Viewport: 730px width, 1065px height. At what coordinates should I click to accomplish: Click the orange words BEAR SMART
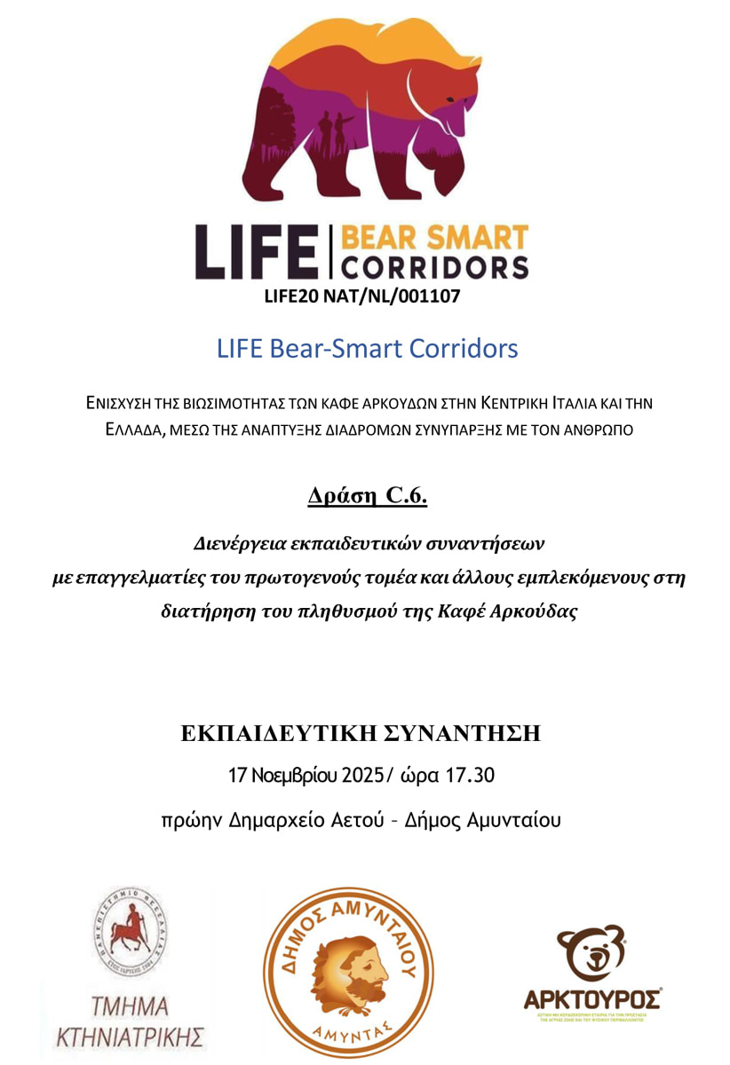pyautogui.click(x=434, y=237)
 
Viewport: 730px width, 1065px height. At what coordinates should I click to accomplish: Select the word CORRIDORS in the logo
pyautogui.click(x=434, y=265)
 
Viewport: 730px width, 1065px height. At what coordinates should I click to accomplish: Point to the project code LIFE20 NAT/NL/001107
pyautogui.click(x=362, y=296)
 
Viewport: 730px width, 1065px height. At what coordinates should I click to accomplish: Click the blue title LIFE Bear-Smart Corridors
pyautogui.click(x=367, y=348)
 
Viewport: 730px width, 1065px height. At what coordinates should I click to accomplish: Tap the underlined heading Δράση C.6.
pyautogui.click(x=367, y=495)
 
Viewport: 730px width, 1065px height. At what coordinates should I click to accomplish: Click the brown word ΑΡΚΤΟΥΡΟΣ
pyautogui.click(x=593, y=999)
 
